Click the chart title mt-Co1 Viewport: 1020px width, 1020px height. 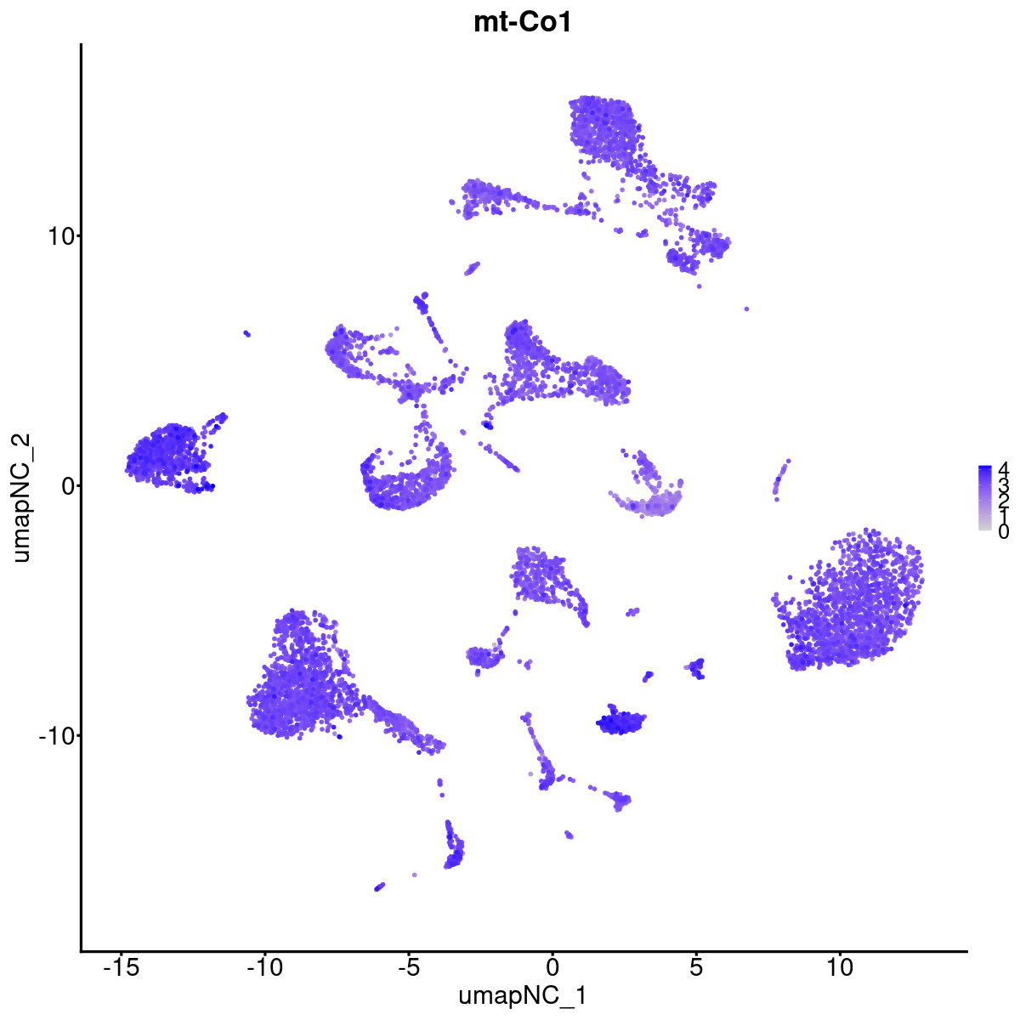523,23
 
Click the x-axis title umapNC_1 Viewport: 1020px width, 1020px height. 523,995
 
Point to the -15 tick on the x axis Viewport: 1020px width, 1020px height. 121,966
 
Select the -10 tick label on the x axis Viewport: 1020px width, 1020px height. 264,966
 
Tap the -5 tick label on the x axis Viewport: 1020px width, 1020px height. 408,966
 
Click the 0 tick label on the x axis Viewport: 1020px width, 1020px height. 552,966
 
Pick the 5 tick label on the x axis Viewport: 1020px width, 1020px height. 696,966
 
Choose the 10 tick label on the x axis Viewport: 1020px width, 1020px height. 839,966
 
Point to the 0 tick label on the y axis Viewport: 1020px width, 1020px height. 65,485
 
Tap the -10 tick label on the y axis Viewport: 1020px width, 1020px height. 54,735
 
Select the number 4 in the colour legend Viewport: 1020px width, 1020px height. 1004,468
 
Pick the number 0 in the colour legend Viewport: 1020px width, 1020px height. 1004,531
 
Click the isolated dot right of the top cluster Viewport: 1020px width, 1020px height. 746,309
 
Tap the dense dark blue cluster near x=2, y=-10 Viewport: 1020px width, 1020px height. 620,722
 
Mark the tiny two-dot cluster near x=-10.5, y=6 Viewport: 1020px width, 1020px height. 246,333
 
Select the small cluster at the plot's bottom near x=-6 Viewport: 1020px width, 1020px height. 379,887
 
